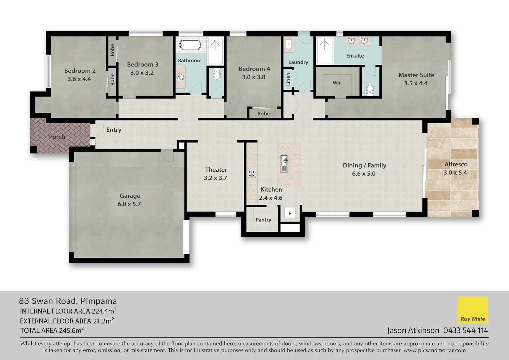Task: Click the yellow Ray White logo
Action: pos(473,310)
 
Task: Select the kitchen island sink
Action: pos(284,163)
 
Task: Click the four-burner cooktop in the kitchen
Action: pos(252,174)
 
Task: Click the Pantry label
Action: pos(263,220)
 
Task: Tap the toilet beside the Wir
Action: pos(370,89)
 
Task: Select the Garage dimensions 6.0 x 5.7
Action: pos(129,204)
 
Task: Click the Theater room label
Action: pos(216,170)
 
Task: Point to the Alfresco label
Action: pos(456,164)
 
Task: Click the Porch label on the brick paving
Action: pos(57,137)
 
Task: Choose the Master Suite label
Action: pos(416,75)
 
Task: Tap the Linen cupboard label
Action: pos(288,79)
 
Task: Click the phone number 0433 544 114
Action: pos(465,330)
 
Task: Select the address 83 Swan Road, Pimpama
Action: pos(68,301)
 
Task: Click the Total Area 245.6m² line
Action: pos(52,331)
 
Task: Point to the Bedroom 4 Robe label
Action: pos(263,114)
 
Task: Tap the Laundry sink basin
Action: pos(288,44)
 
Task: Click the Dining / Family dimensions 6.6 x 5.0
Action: pos(364,174)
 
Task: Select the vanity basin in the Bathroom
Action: pos(181,77)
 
